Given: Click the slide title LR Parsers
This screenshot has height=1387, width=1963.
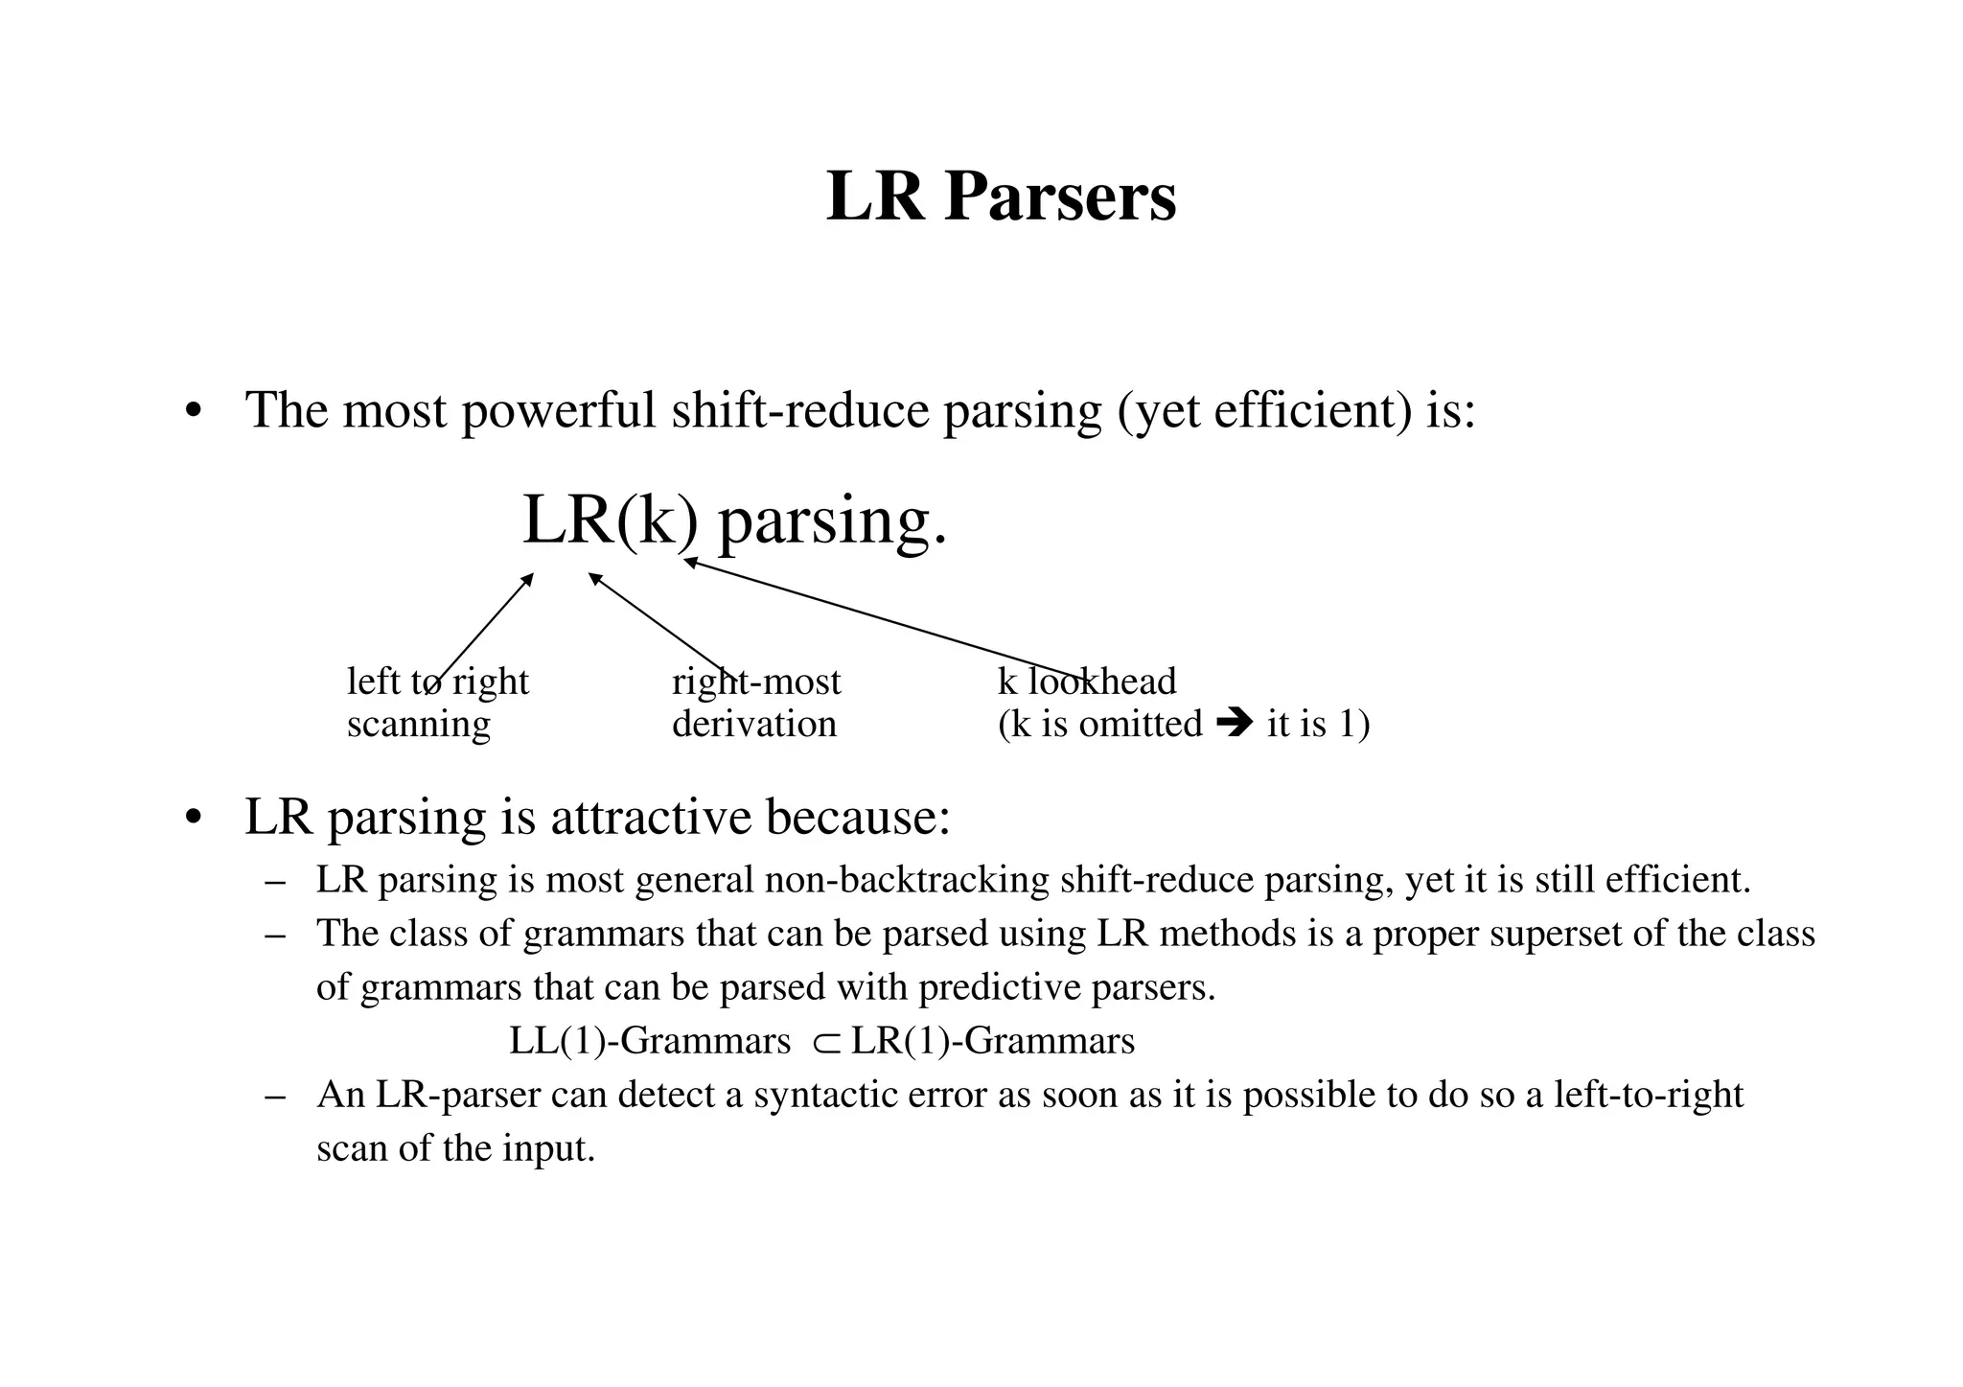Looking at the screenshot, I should click(x=1001, y=196).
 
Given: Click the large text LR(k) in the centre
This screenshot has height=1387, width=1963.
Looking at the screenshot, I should click(x=611, y=520).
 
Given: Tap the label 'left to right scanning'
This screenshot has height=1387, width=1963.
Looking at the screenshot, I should click(x=437, y=703).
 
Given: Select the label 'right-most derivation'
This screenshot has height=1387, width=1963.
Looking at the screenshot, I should click(x=755, y=703).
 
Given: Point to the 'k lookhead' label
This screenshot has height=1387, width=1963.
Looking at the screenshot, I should click(x=1087, y=682).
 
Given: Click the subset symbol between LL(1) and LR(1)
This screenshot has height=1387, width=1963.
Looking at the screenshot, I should click(x=825, y=1042).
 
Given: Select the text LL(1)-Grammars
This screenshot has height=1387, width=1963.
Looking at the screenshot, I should click(x=650, y=1041).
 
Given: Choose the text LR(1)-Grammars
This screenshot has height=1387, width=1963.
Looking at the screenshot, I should click(x=992, y=1041).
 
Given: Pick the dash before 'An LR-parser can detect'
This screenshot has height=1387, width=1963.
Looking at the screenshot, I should click(x=276, y=1096).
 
